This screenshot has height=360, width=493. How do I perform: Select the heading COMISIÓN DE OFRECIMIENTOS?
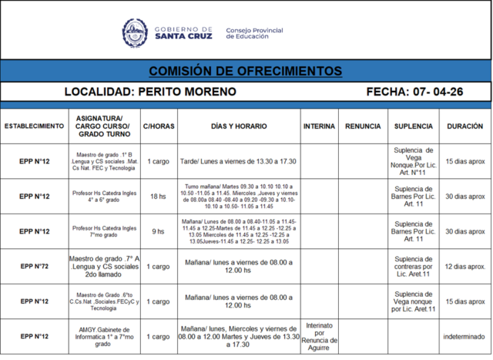pyautogui.click(x=246, y=71)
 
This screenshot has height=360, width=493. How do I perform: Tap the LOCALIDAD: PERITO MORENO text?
pyautogui.click(x=150, y=92)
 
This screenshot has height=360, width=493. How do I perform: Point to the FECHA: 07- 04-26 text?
pyautogui.click(x=415, y=92)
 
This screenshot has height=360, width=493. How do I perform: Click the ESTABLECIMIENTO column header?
pyautogui.click(x=34, y=125)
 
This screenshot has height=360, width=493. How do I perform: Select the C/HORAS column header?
pyautogui.click(x=158, y=125)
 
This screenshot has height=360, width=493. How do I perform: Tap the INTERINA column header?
pyautogui.click(x=319, y=125)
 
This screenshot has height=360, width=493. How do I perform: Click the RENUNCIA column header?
pyautogui.click(x=363, y=125)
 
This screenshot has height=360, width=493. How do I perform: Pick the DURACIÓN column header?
pyautogui.click(x=465, y=125)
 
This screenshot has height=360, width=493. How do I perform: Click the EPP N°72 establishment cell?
pyautogui.click(x=34, y=266)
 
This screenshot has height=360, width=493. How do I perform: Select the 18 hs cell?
pyautogui.click(x=158, y=196)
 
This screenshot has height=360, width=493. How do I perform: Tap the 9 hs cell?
pyautogui.click(x=158, y=231)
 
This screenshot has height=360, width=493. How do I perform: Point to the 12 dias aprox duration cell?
pyautogui.click(x=465, y=266)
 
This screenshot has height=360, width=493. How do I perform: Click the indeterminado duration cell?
pyautogui.click(x=465, y=336)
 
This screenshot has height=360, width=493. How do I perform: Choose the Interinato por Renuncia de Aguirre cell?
pyautogui.click(x=319, y=336)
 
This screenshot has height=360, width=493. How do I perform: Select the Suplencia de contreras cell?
pyautogui.click(x=414, y=266)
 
